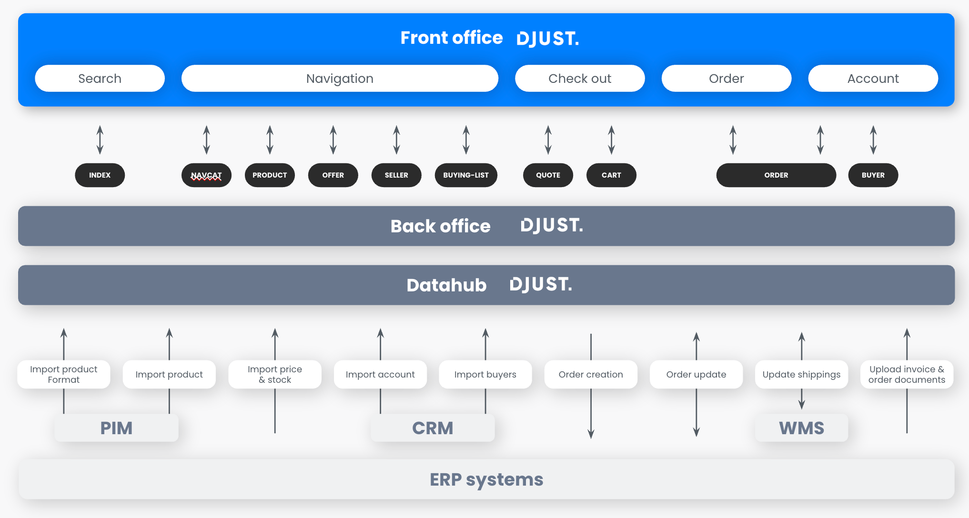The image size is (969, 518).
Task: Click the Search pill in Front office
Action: [100, 79]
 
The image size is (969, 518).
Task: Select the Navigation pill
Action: [340, 79]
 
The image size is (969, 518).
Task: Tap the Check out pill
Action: [580, 79]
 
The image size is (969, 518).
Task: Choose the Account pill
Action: [873, 79]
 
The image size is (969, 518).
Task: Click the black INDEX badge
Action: [100, 175]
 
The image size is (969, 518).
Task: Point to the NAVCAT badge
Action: [206, 175]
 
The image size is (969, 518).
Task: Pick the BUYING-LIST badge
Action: [466, 175]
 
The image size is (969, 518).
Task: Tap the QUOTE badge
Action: [548, 175]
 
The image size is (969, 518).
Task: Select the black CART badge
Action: [611, 175]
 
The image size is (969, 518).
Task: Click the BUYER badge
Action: [873, 175]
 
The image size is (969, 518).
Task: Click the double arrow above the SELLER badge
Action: [396, 140]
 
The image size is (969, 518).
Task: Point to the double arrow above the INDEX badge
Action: [100, 140]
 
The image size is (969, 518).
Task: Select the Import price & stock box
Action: [275, 374]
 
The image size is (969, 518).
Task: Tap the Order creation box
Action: [591, 374]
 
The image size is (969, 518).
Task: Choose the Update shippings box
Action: [801, 374]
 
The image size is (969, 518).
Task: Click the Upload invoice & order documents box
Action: [907, 374]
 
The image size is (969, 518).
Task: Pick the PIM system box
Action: [116, 428]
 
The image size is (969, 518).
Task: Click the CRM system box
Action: [433, 428]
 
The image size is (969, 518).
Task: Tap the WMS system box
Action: [801, 428]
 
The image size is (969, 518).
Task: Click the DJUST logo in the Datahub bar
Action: [541, 285]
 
